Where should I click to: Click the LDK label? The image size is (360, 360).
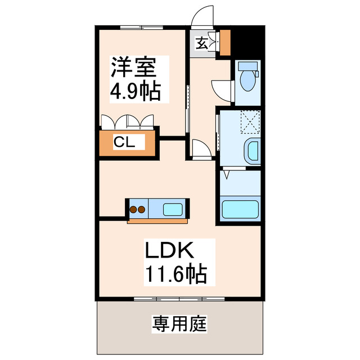click(170, 250)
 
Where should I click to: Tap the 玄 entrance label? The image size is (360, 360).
click(201, 42)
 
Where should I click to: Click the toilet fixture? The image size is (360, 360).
click(247, 77)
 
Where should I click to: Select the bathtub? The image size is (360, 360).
click(240, 210)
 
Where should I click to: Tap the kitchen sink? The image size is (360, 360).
click(172, 210)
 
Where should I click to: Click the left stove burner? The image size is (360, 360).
click(134, 210)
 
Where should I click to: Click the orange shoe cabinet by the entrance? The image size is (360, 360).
click(225, 42)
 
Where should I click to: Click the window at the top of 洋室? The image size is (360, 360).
click(141, 27)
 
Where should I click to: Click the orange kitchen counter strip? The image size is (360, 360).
click(157, 221)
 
